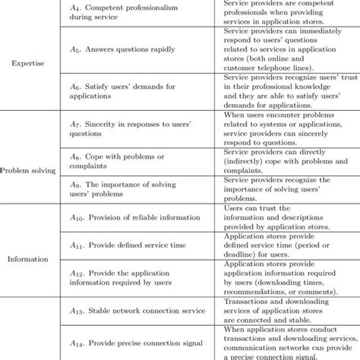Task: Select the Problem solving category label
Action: (x=29, y=171)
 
